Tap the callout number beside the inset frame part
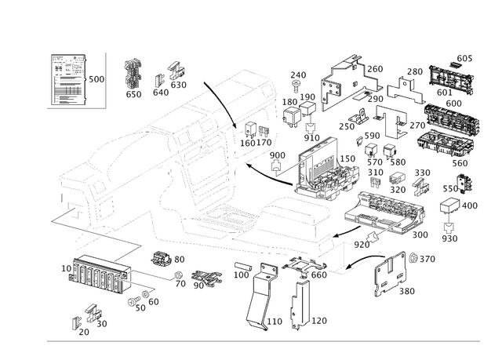(x=97, y=79)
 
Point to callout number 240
(x=296, y=75)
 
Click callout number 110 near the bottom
(x=276, y=322)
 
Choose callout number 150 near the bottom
(x=319, y=322)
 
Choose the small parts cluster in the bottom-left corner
(x=89, y=320)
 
